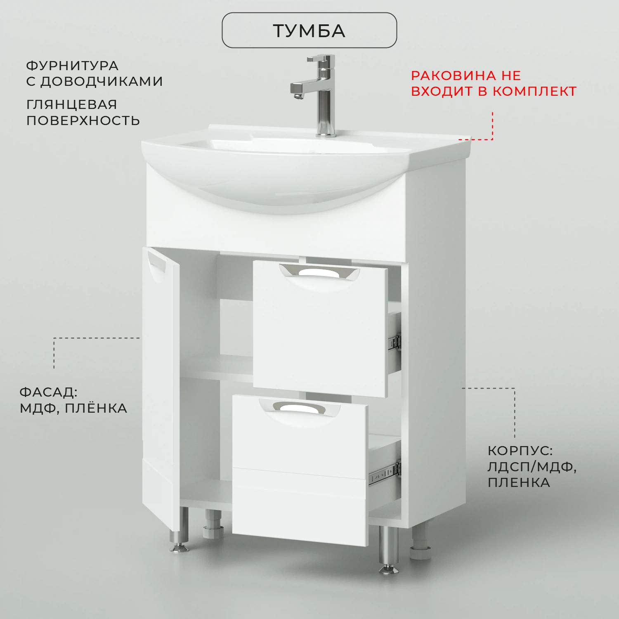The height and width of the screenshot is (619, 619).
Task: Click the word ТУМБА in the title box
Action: [309, 31]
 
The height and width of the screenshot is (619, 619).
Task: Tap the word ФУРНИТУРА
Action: [72, 66]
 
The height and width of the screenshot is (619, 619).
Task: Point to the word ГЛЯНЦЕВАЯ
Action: [72, 104]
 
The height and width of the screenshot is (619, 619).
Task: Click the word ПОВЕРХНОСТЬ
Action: [83, 120]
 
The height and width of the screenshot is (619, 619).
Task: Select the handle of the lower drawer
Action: [300, 408]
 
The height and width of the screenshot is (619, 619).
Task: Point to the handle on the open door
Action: [157, 267]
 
